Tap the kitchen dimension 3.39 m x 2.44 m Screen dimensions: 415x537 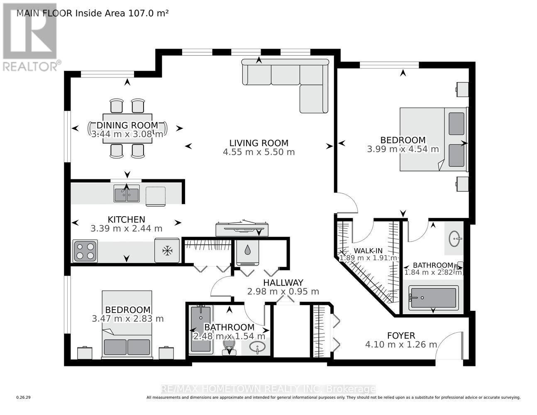[126, 228]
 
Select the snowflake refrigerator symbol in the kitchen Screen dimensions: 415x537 [167, 250]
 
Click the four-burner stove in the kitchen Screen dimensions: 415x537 [85, 251]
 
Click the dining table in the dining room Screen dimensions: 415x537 [127, 128]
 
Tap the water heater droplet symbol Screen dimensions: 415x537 [247, 250]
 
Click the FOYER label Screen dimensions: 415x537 [400, 335]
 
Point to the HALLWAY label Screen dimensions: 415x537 [283, 282]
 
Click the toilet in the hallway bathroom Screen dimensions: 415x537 [229, 347]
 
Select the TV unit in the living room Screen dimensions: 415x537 [242, 228]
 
